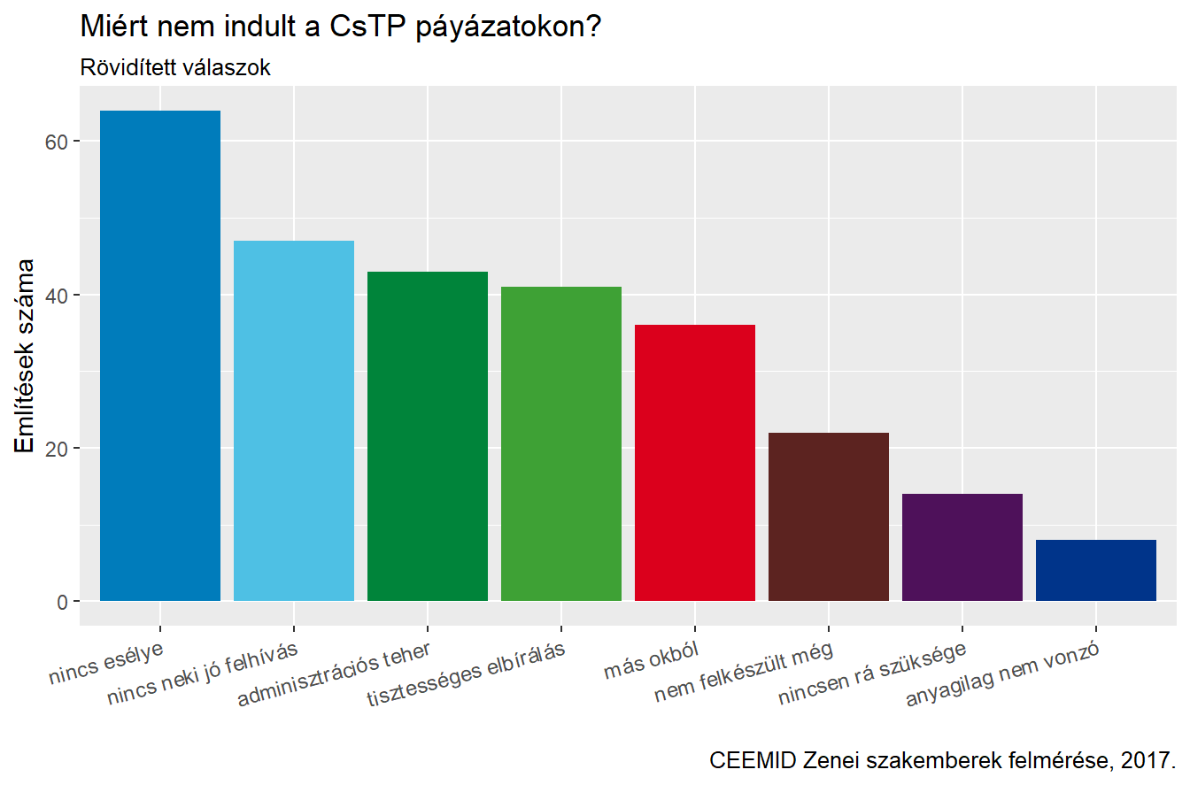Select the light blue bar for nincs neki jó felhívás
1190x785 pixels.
(294, 420)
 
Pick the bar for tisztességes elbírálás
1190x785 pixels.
(561, 443)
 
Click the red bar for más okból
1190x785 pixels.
(695, 463)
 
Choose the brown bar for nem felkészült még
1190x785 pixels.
(829, 517)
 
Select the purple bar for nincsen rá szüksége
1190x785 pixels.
(962, 547)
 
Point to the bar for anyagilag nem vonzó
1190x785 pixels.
(1096, 570)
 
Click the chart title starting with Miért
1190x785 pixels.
(342, 27)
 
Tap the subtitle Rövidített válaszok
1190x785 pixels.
(175, 68)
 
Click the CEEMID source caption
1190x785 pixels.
(942, 760)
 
